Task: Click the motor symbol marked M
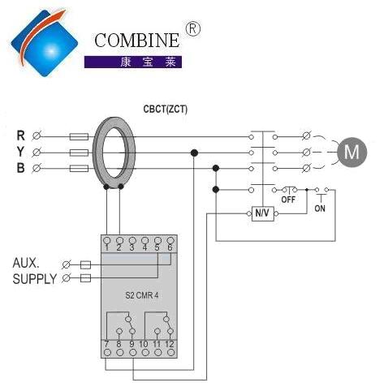pyautogui.click(x=351, y=152)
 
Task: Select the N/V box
pyautogui.click(x=263, y=213)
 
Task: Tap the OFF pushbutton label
pyautogui.click(x=288, y=200)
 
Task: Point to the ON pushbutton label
pyautogui.click(x=320, y=209)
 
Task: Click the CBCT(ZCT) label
pyautogui.click(x=165, y=110)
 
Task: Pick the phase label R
pyautogui.click(x=21, y=135)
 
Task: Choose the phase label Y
pyautogui.click(x=20, y=152)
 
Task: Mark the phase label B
pyautogui.click(x=20, y=168)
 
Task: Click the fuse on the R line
pyautogui.click(x=79, y=136)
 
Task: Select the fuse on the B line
pyautogui.click(x=79, y=169)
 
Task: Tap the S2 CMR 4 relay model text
pyautogui.click(x=141, y=295)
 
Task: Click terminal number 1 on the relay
pyautogui.click(x=107, y=247)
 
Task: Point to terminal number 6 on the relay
pyautogui.click(x=170, y=247)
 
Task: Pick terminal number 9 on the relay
pyautogui.click(x=131, y=344)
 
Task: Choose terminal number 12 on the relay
pyautogui.click(x=170, y=344)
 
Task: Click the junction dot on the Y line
pyautogui.click(x=194, y=153)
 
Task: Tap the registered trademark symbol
pyautogui.click(x=192, y=29)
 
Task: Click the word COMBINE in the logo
pyautogui.click(x=136, y=41)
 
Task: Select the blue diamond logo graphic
pyautogui.click(x=45, y=43)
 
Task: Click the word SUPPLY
pyautogui.click(x=35, y=279)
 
